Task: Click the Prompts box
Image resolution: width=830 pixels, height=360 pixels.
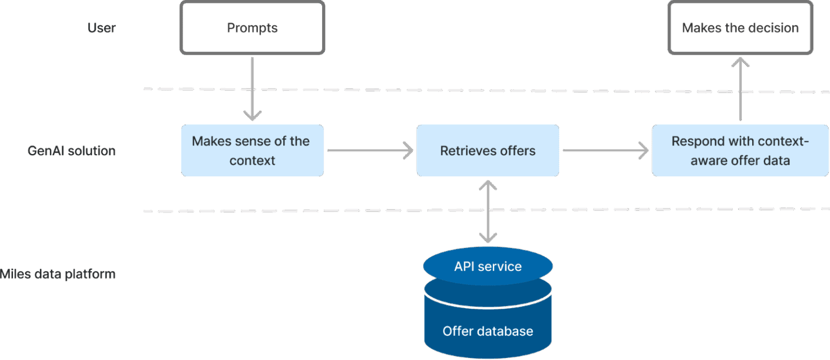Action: click(252, 28)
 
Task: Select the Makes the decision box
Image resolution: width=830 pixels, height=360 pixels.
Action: click(740, 28)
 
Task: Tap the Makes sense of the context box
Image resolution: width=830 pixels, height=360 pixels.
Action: click(252, 151)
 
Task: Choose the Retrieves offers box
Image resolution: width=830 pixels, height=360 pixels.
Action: click(487, 151)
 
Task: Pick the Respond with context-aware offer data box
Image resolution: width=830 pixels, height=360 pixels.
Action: click(740, 151)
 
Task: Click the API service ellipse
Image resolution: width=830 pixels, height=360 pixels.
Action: click(487, 266)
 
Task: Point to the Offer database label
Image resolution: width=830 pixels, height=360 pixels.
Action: click(487, 331)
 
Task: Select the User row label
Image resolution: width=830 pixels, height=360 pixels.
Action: click(102, 28)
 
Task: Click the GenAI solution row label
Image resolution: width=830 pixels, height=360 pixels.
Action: click(71, 151)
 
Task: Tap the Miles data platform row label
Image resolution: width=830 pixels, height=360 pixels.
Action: click(57, 274)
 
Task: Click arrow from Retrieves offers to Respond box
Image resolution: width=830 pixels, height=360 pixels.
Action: click(605, 151)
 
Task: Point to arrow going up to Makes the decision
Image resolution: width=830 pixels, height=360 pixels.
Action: click(740, 89)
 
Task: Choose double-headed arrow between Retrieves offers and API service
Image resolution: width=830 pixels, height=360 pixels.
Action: click(488, 211)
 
